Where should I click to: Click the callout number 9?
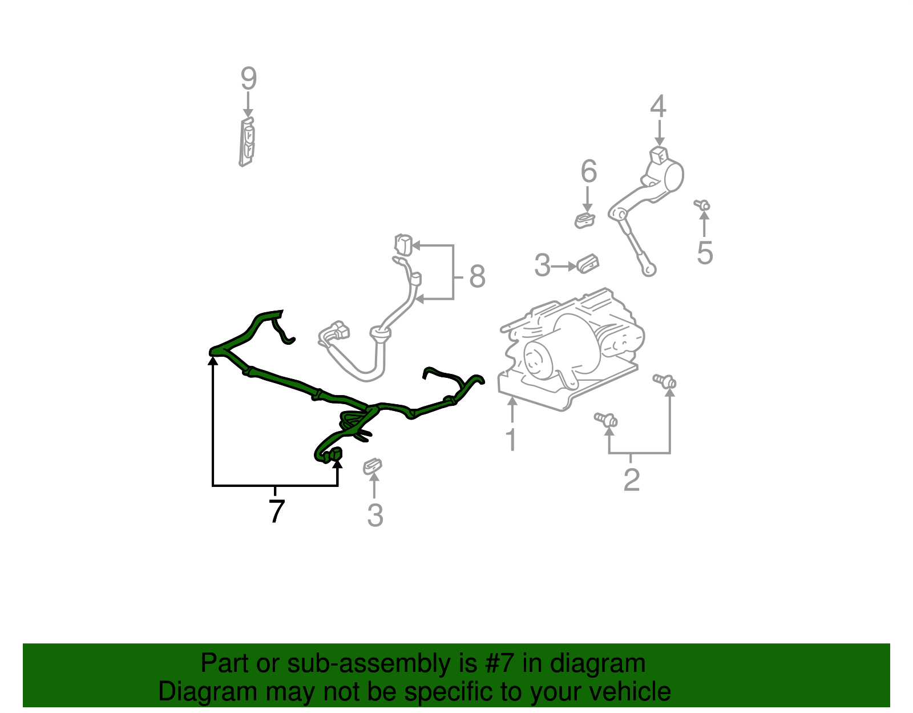pyautogui.click(x=248, y=79)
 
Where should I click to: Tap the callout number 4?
pyautogui.click(x=658, y=107)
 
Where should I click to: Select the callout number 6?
pyautogui.click(x=588, y=171)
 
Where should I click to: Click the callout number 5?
pyautogui.click(x=705, y=253)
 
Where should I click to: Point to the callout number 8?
pyautogui.click(x=477, y=277)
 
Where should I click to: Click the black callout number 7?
pyautogui.click(x=276, y=511)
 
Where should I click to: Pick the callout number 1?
pyautogui.click(x=511, y=440)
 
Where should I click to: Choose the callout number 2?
pyautogui.click(x=631, y=480)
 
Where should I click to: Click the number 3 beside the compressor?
pyautogui.click(x=542, y=266)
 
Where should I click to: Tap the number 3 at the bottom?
pyautogui.click(x=374, y=515)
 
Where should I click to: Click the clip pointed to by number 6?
pyautogui.click(x=584, y=220)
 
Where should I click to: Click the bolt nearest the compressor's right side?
pyautogui.click(x=665, y=381)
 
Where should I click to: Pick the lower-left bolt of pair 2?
pyautogui.click(x=606, y=420)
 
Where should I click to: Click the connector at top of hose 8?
pyautogui.click(x=403, y=244)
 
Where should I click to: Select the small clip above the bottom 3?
pyautogui.click(x=373, y=466)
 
